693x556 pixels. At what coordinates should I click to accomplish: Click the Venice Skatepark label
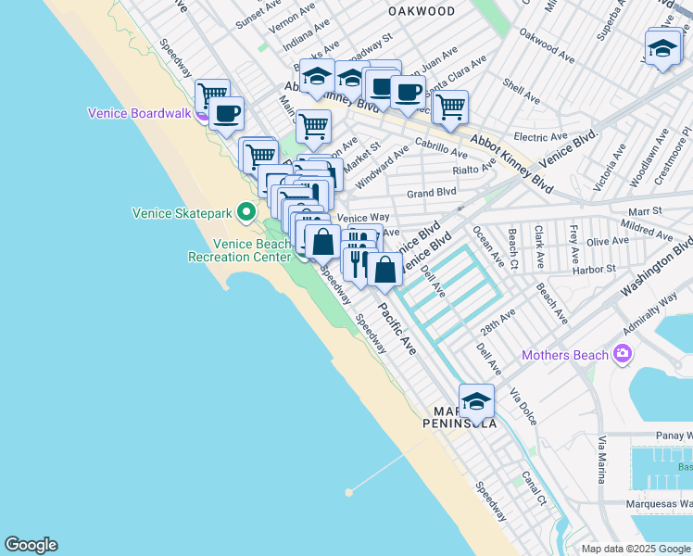(182, 214)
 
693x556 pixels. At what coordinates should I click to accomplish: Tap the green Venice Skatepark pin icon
(246, 213)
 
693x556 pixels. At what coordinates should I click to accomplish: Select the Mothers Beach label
(565, 355)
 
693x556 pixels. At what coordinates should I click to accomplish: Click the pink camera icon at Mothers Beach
(623, 354)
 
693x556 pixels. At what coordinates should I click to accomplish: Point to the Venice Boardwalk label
(139, 114)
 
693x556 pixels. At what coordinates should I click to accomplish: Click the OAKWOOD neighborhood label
(422, 11)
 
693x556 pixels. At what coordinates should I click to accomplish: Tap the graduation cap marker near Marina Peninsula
(476, 401)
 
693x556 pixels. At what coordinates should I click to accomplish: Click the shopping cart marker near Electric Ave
(449, 107)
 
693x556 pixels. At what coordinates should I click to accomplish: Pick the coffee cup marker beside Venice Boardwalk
(226, 114)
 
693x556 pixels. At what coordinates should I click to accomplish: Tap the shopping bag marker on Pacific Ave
(384, 270)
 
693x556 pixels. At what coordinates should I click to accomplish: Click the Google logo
(31, 545)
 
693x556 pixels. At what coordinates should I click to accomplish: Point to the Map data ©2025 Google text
(635, 549)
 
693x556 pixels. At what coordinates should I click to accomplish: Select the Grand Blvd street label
(432, 193)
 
